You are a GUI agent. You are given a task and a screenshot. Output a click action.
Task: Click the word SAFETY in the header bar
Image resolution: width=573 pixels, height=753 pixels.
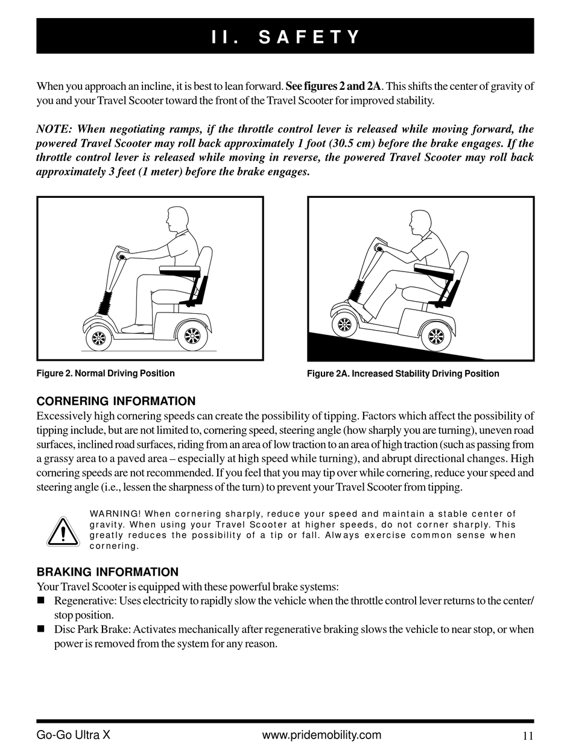point(309,37)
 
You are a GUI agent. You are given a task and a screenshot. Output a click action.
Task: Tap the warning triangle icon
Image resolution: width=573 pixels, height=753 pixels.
point(63,532)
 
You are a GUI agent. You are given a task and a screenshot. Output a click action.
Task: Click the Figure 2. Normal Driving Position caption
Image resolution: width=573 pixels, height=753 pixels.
point(106,373)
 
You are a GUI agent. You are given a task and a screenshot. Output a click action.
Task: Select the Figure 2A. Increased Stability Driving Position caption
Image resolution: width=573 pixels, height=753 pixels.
point(403,374)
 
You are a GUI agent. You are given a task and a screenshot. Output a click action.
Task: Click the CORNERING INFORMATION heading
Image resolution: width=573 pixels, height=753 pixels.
point(116,401)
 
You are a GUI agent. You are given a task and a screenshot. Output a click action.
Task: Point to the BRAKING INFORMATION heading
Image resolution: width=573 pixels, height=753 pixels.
point(107,572)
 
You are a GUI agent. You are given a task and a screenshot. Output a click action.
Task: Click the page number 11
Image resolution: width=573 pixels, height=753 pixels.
point(528,736)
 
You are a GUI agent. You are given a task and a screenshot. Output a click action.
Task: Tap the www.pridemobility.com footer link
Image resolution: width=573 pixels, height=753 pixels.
point(322,735)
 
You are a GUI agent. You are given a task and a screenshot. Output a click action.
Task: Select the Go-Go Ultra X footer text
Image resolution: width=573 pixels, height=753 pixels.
point(73,735)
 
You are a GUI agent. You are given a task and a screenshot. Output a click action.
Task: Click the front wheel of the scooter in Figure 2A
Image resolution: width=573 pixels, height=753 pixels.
point(344,325)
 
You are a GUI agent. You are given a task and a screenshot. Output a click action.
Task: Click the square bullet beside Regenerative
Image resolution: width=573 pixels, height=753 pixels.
point(41,600)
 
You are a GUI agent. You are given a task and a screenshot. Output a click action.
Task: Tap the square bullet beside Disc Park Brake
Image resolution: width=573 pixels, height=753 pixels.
point(41,629)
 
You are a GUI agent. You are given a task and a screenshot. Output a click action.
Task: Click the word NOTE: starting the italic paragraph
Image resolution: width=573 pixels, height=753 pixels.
point(54,129)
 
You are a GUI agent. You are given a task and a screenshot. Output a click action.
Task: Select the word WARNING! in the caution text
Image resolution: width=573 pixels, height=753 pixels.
point(115,514)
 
